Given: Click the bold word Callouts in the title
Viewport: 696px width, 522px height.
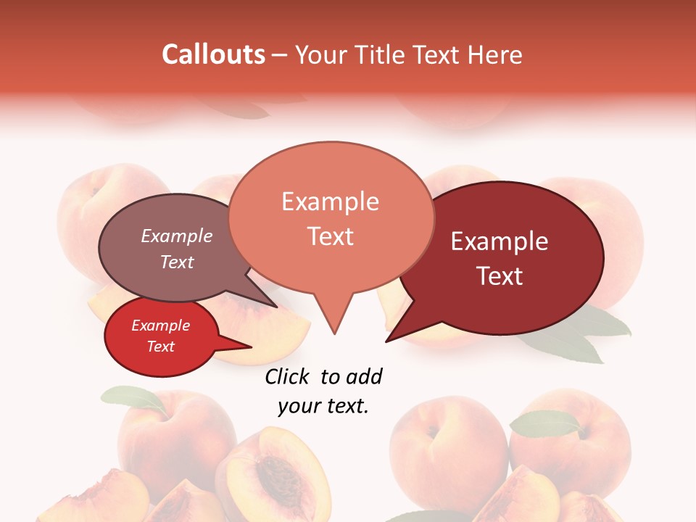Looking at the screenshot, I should point(213,54).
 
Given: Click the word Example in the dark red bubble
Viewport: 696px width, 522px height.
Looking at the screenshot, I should point(500,241).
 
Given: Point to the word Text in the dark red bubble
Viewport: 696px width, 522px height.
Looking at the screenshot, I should point(500,276).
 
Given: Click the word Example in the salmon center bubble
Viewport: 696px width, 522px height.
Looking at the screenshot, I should point(330,202).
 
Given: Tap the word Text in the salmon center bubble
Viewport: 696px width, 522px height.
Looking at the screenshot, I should point(330,236).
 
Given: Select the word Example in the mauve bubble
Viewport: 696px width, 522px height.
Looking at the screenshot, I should point(177,236).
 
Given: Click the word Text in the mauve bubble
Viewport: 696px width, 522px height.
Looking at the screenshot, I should point(177,262).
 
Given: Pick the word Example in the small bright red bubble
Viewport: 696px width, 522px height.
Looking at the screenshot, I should point(160,326).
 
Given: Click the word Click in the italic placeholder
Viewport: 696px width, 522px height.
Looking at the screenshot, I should point(287,376).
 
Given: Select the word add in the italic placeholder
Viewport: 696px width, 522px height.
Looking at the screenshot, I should point(366,376).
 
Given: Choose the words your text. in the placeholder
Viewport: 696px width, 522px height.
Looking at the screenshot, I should point(323,406).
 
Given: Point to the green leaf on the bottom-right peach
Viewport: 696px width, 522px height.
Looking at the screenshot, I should point(544,423).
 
